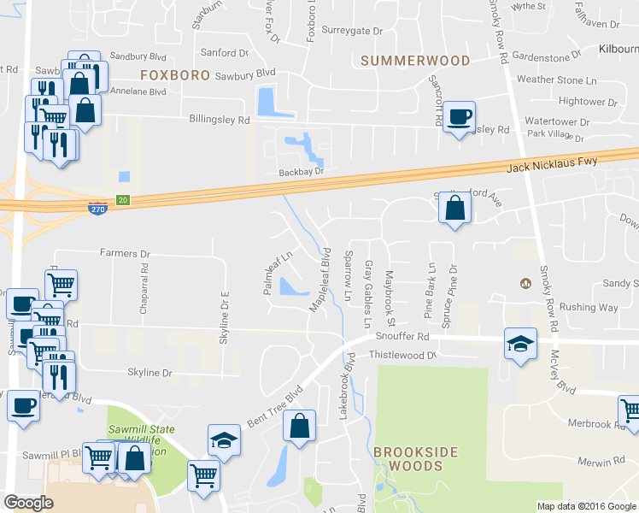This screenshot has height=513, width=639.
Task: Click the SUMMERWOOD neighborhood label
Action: [415, 61]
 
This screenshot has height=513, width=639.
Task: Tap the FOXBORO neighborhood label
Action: [174, 75]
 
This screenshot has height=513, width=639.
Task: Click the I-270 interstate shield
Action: [98, 209]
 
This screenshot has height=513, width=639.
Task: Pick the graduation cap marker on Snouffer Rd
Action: [520, 343]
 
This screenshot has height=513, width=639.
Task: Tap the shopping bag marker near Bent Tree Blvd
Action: [299, 425]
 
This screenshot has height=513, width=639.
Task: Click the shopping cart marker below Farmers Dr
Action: [62, 283]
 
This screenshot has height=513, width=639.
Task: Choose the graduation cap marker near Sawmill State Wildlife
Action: [224, 439]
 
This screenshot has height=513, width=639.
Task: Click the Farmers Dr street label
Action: [125, 254]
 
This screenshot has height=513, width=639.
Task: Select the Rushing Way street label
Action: [589, 307]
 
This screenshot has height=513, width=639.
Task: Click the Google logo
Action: [29, 503]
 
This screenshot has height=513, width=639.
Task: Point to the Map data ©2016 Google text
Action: [585, 506]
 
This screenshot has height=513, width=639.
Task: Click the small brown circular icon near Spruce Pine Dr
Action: [526, 283]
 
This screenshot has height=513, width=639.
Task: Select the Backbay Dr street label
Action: [303, 172]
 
